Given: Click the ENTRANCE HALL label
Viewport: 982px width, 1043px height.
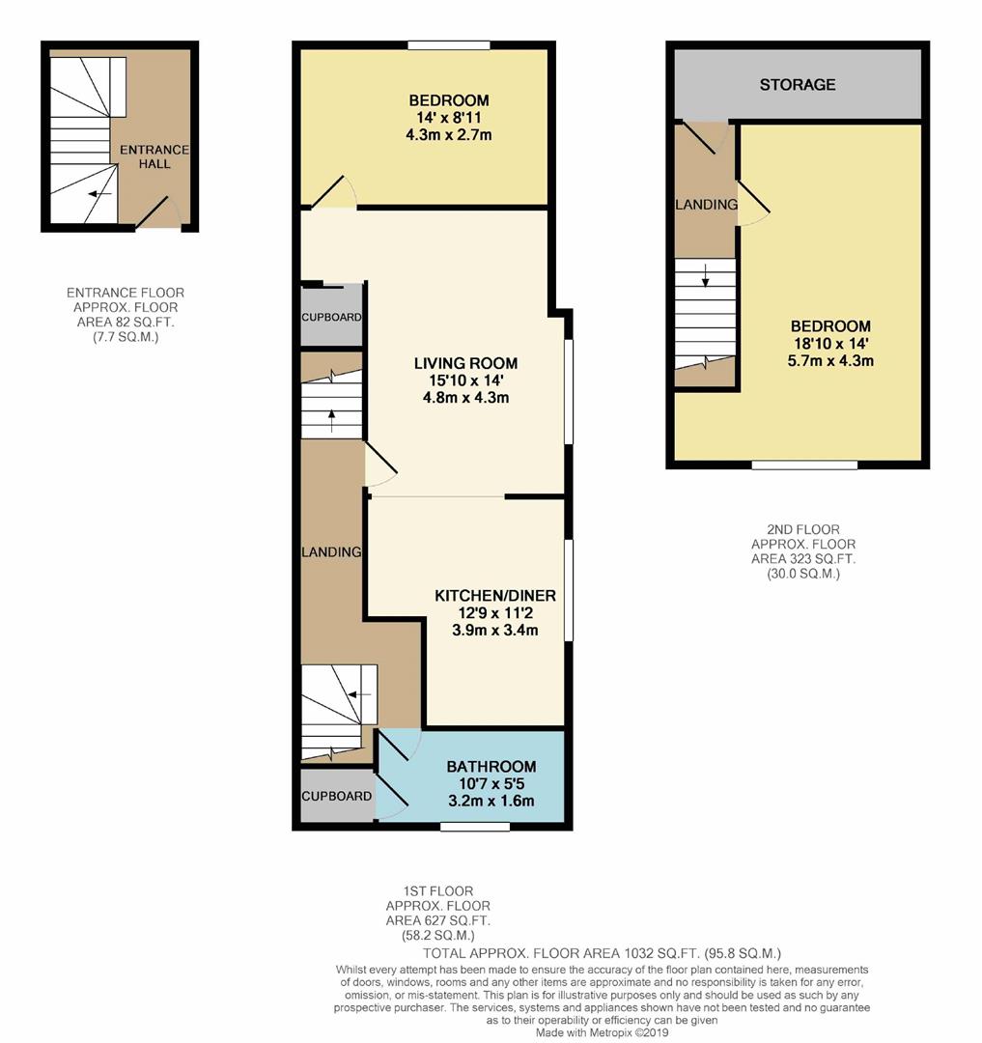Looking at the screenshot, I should tap(154, 156).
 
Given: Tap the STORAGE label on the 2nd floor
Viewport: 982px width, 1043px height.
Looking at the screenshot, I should tap(797, 85).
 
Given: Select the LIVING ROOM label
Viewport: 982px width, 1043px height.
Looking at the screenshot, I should tap(465, 364).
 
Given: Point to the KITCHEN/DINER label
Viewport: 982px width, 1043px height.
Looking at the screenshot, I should tap(494, 596).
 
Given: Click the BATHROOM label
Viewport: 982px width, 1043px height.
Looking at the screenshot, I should tap(491, 767).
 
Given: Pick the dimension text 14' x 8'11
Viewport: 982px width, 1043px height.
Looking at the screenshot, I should tap(448, 118).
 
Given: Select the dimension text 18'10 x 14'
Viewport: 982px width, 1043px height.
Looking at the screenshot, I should tap(830, 344).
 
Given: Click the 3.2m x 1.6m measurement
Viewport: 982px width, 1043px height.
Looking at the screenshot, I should tap(491, 802).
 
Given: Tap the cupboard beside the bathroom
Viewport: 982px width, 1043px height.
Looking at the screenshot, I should tap(335, 796).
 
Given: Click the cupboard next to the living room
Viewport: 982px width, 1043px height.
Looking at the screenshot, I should tap(331, 317).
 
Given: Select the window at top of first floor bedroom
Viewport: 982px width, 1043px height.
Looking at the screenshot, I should tap(448, 44).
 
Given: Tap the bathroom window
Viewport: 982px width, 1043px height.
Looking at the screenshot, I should tap(474, 827).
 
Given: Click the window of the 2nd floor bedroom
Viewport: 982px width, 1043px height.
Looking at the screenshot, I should tap(804, 465).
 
